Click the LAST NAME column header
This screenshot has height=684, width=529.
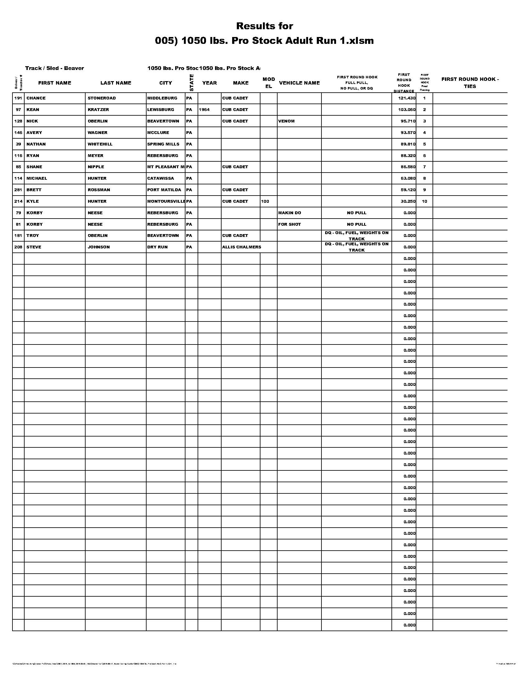pos(116,83)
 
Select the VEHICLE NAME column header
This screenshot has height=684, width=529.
pos(299,83)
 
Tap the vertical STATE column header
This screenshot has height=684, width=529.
pos(191,83)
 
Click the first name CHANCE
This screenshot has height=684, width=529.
pos(36,98)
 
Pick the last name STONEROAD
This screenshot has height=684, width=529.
pos(101,98)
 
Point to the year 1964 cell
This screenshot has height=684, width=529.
pos(204,110)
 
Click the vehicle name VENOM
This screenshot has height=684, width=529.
pos(286,121)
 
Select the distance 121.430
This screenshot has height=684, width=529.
pos(407,98)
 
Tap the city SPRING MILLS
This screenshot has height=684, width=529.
pos(163,144)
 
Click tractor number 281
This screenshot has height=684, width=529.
pos(18,190)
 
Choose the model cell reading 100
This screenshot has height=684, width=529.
pos(265,201)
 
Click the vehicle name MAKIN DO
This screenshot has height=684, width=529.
pos(290,213)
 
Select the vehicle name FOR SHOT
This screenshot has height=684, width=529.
pos(289,224)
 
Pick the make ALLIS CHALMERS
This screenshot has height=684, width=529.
pos(241,247)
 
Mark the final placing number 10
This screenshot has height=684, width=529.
pos(424,201)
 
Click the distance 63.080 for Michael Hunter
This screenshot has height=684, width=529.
pos(408,178)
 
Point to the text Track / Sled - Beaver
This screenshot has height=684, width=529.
pos(54,68)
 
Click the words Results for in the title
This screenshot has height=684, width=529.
pos(264,26)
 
